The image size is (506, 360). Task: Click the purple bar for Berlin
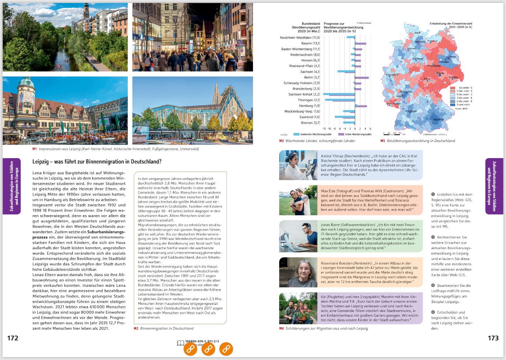(362, 77)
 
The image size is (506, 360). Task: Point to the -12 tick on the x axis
(324, 128)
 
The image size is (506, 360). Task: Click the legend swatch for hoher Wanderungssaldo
(341, 134)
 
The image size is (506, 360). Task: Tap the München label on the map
(439, 120)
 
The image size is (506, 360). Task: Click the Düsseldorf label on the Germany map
(392, 75)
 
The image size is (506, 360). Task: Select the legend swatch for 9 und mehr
(453, 105)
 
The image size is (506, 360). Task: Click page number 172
(13, 338)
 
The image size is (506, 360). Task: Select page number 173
(493, 338)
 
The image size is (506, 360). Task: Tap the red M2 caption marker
(136, 328)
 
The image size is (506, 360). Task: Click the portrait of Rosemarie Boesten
(298, 272)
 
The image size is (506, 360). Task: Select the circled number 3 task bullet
(433, 285)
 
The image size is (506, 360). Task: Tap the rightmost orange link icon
(226, 349)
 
